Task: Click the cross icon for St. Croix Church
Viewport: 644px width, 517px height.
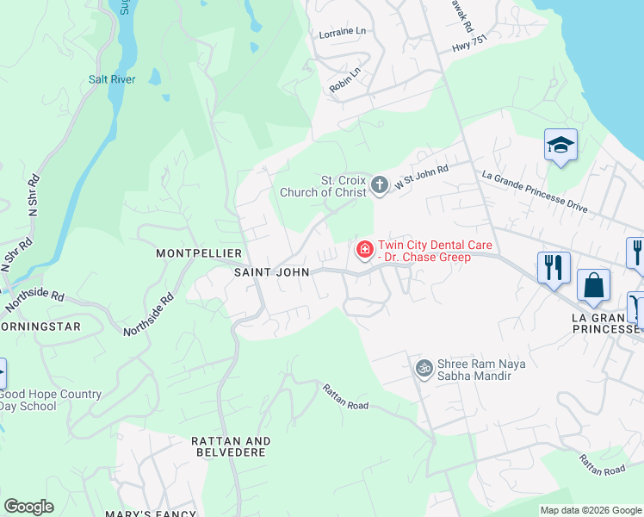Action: click(x=378, y=184)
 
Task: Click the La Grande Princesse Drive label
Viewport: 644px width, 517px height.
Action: click(x=534, y=191)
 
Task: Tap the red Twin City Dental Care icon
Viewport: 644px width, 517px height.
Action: click(x=364, y=251)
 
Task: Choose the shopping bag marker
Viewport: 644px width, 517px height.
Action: click(x=594, y=286)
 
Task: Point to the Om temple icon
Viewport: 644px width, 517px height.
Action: click(x=423, y=369)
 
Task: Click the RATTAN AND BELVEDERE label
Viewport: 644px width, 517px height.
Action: click(x=231, y=446)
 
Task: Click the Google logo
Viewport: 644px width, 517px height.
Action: click(x=28, y=507)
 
